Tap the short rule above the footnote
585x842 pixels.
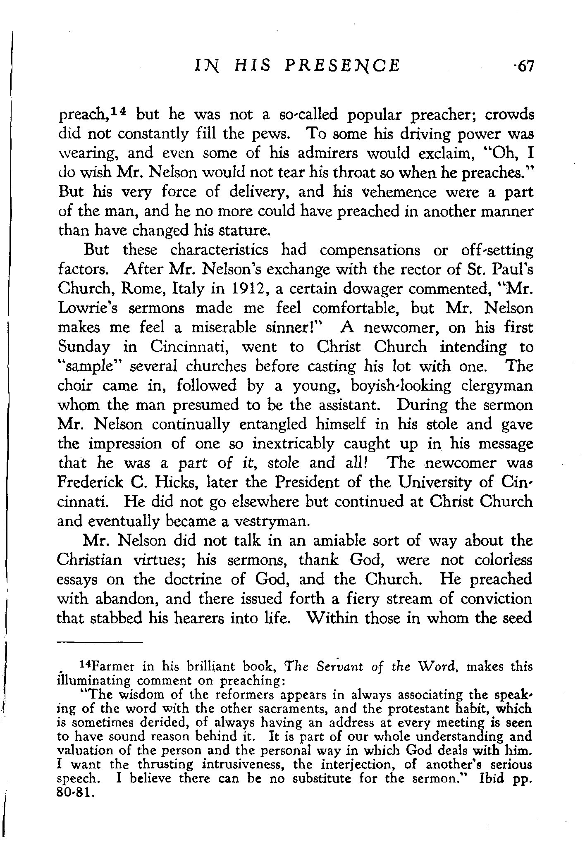coord(99,642)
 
